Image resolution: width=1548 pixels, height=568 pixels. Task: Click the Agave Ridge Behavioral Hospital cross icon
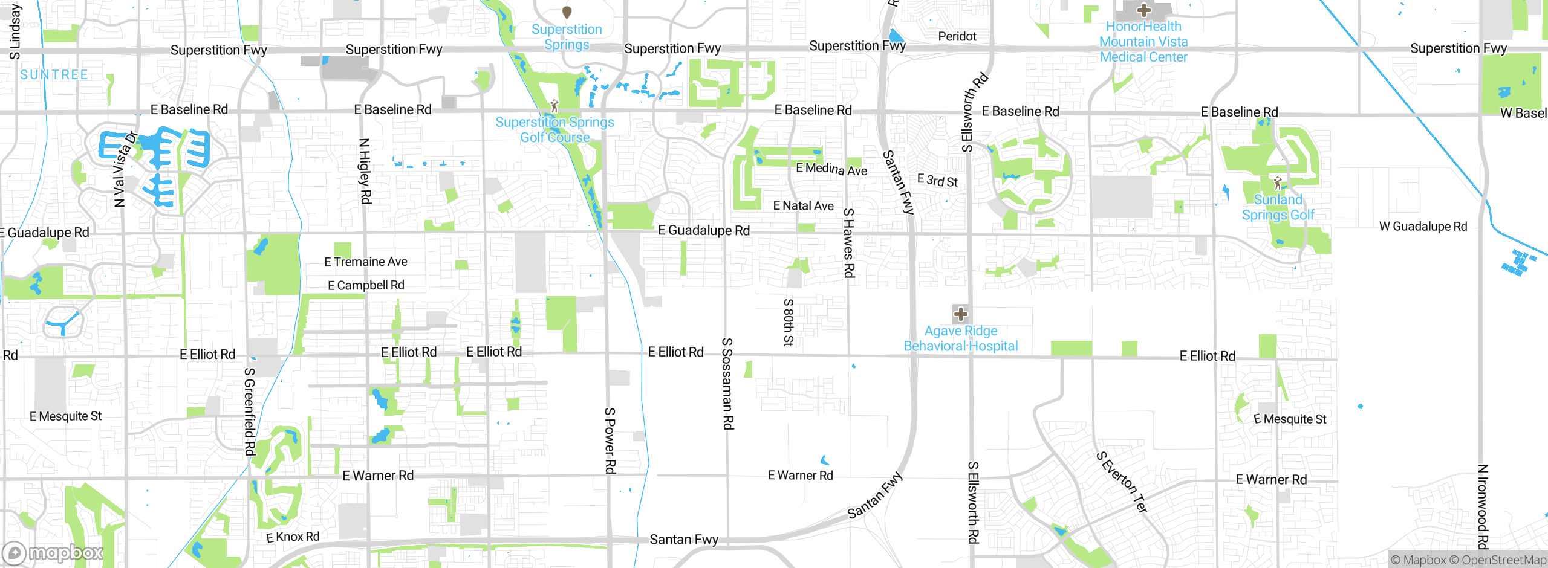click(x=960, y=314)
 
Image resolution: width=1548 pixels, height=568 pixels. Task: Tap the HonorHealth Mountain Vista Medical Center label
click(x=1143, y=42)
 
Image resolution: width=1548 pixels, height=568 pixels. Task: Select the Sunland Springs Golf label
click(x=1278, y=207)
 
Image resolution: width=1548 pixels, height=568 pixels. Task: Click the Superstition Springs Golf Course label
click(x=554, y=130)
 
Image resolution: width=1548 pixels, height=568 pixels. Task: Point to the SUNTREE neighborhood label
click(x=54, y=75)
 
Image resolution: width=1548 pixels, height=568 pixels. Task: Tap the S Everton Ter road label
click(x=1122, y=482)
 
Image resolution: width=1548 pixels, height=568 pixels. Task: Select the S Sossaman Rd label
click(x=728, y=384)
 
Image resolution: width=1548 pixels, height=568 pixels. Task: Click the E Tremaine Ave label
click(x=366, y=262)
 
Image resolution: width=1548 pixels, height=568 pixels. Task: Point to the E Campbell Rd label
click(x=366, y=285)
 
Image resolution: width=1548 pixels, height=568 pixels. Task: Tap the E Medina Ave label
click(x=831, y=169)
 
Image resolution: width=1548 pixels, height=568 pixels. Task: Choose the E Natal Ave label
click(x=803, y=206)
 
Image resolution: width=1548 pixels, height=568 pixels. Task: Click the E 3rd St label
click(x=937, y=180)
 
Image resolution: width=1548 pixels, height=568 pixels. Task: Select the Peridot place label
click(x=957, y=36)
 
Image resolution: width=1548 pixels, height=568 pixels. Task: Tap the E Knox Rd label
click(x=293, y=537)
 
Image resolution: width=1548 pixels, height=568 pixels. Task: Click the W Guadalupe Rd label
click(x=1423, y=227)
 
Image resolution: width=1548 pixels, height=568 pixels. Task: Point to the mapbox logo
click(x=53, y=552)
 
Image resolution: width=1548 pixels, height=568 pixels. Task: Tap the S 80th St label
click(x=788, y=322)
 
